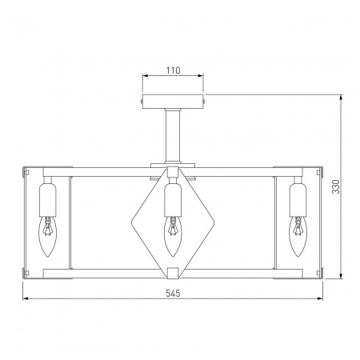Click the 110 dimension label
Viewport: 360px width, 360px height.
coord(174,70)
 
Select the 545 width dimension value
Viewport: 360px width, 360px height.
coord(173,294)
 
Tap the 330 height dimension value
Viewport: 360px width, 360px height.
coord(336,186)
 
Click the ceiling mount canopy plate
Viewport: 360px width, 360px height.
coord(173,102)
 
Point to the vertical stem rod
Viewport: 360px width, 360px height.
coord(173,136)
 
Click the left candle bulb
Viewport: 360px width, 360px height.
coord(48,236)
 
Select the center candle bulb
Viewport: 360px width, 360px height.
coord(173,236)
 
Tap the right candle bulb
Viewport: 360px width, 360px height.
coord(298,236)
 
